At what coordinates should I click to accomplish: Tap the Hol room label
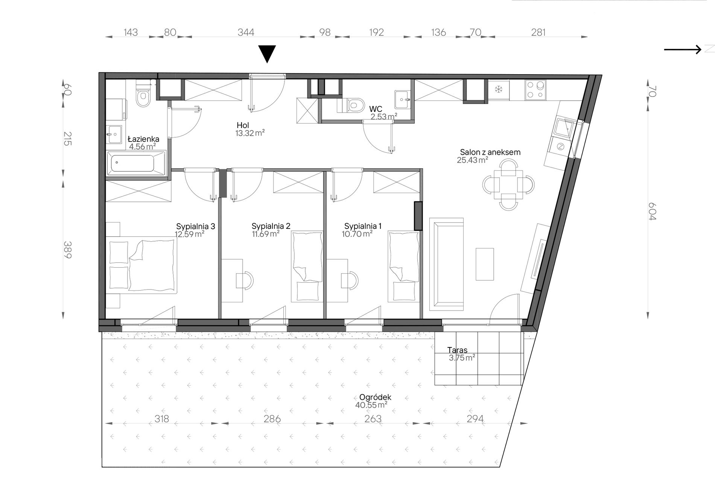[243, 125]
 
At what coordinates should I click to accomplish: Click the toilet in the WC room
[354, 105]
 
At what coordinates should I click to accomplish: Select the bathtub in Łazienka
[136, 163]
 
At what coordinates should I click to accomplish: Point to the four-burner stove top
[535, 90]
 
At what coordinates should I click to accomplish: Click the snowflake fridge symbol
[499, 90]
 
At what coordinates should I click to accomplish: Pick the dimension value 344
[246, 32]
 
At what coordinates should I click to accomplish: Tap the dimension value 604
[652, 211]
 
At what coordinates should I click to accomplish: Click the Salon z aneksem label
[490, 152]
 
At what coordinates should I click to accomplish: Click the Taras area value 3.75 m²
[462, 358]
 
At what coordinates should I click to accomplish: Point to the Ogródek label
[375, 397]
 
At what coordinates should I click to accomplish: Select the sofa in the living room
[447, 264]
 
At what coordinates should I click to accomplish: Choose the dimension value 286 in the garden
[272, 419]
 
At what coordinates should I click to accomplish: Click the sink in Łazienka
[114, 135]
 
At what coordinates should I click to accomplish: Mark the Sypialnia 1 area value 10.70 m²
[357, 233]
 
